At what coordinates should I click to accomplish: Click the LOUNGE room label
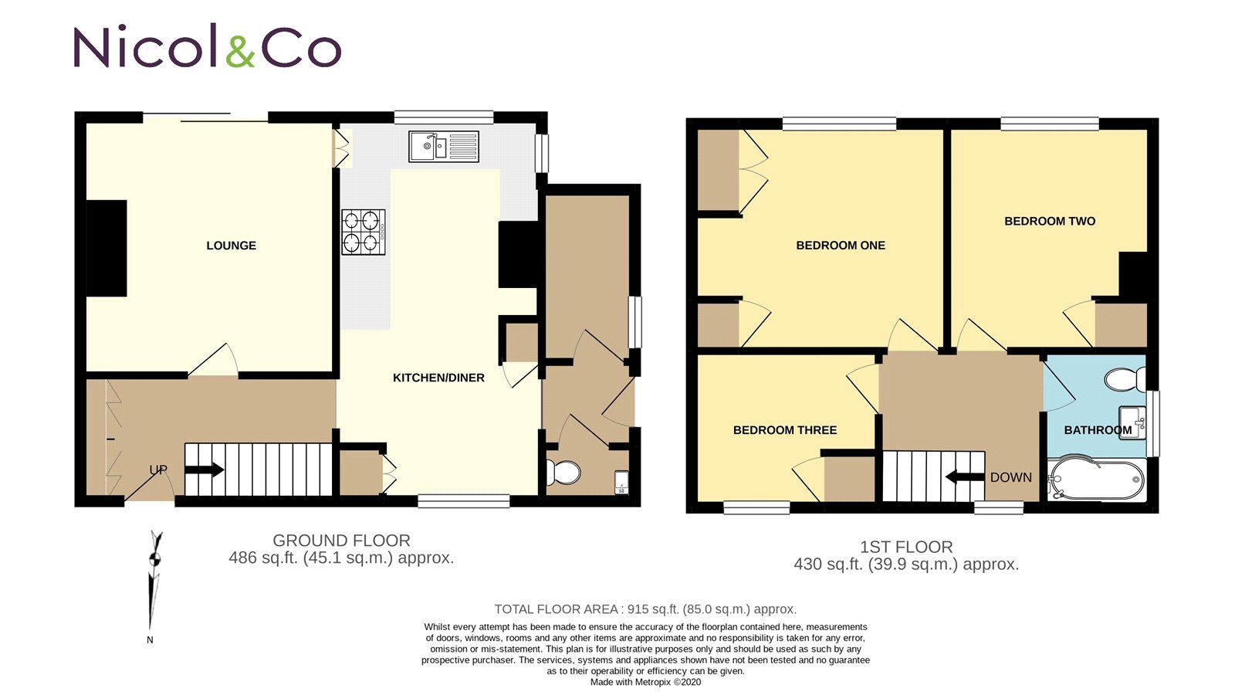231,246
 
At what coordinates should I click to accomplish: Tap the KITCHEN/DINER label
438,378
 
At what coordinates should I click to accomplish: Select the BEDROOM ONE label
841,246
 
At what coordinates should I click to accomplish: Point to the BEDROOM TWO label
1050,221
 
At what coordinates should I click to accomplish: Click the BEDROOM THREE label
785,430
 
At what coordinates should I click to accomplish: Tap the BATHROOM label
1098,430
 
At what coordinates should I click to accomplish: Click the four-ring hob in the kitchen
364,232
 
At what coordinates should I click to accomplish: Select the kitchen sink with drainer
443,146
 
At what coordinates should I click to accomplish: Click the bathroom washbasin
1132,422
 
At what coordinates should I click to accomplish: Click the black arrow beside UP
205,470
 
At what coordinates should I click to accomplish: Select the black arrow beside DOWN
965,476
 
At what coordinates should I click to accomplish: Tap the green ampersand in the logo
241,50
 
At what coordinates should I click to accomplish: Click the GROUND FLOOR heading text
341,541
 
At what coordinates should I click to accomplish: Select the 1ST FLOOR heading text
906,547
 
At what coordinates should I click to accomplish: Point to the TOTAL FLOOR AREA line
645,609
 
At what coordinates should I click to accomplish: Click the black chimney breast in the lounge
107,248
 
